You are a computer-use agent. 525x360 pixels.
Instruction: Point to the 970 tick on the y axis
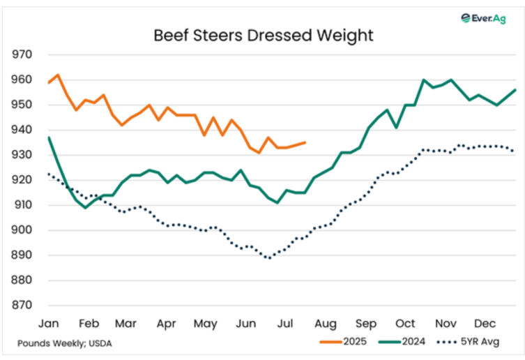tap(23, 54)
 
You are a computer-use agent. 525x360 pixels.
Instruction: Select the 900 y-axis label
tap(23, 230)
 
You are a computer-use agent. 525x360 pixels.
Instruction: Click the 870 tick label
tap(23, 306)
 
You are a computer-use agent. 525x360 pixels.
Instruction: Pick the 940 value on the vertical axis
tap(23, 130)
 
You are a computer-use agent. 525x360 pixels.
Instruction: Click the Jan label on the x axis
tap(49, 324)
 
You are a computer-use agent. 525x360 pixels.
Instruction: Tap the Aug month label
tap(326, 324)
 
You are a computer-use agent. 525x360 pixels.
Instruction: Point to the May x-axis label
tap(206, 324)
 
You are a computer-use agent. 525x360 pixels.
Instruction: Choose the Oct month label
tap(405, 324)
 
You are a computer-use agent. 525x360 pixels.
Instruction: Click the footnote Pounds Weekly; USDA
tap(64, 343)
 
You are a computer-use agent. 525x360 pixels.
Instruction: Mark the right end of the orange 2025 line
tap(305, 142)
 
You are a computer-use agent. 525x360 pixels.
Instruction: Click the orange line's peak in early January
tap(57, 75)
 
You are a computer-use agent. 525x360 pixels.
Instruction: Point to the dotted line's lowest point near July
tap(268, 258)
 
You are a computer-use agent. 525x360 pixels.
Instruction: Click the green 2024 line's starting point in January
tap(49, 137)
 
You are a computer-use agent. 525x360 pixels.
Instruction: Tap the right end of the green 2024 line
tap(515, 90)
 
